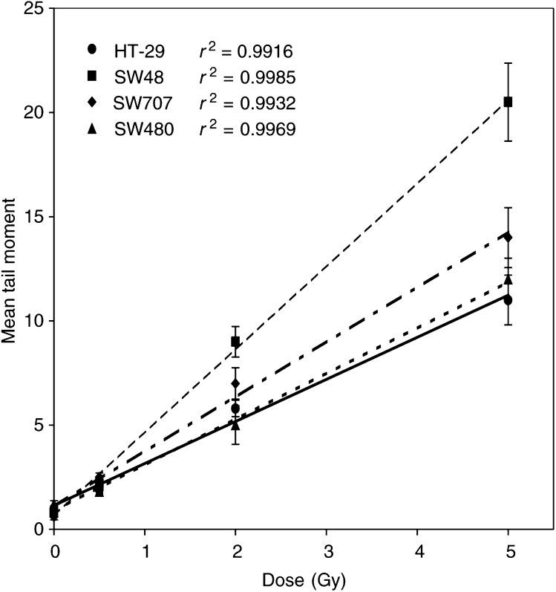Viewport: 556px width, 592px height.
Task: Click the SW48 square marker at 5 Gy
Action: [x=508, y=102]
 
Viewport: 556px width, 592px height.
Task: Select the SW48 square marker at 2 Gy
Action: [x=235, y=342]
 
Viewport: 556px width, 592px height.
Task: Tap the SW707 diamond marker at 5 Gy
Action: [x=508, y=237]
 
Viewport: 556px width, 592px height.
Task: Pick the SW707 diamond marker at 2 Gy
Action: [x=235, y=384]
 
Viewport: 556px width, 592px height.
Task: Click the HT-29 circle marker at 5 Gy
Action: [x=508, y=300]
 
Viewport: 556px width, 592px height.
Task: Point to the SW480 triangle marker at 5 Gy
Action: [x=508, y=279]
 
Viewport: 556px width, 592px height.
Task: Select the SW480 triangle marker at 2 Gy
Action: [x=235, y=425]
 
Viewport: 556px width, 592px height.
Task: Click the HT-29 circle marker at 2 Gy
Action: [x=235, y=409]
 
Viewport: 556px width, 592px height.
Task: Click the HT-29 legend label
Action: [x=140, y=51]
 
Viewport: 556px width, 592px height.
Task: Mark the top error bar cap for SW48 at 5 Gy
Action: [x=508, y=63]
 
